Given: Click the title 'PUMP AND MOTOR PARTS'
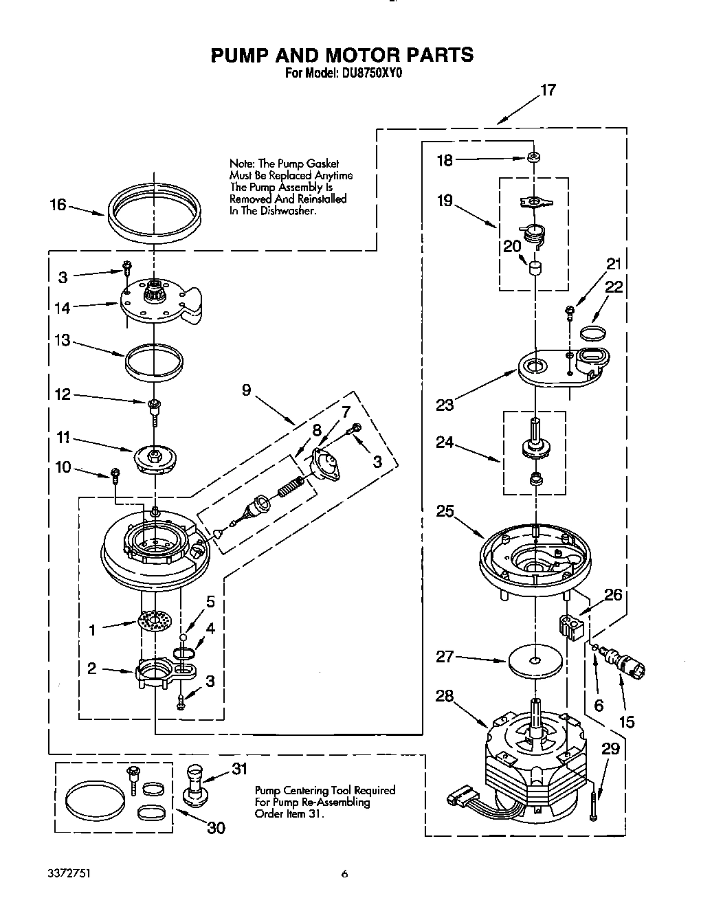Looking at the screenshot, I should point(342,55).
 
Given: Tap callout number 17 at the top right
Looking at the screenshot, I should point(547,90).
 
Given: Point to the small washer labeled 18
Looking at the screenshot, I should point(532,158).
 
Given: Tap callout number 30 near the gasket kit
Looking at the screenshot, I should point(216,828).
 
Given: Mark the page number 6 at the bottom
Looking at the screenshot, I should point(345,874).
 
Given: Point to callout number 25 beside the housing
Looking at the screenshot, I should point(445,511).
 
